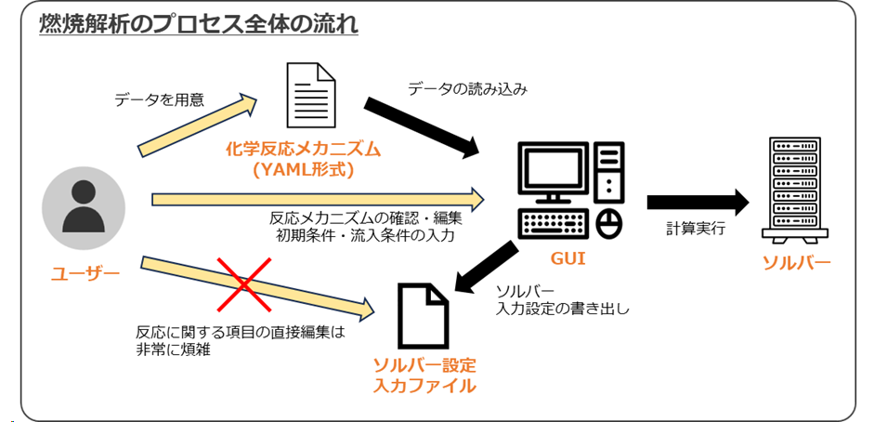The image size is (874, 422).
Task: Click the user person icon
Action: point(85,206)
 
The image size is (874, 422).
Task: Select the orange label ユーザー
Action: point(85,273)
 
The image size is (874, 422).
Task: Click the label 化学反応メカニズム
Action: point(304,149)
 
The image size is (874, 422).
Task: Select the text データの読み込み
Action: point(467,89)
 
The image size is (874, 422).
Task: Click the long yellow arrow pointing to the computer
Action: point(316,198)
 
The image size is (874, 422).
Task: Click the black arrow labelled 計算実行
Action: point(697,201)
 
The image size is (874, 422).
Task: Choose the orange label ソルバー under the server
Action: point(796,262)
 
